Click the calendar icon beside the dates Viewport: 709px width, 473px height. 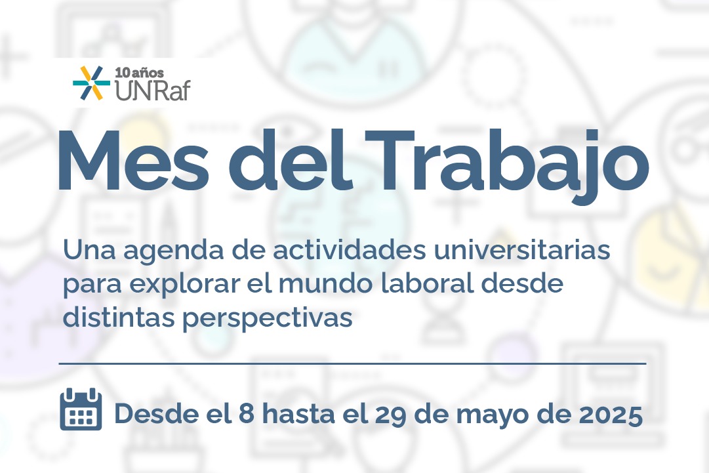tap(81, 409)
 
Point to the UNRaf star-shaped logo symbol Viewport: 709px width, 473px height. tap(91, 83)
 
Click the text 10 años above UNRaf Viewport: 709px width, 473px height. tap(139, 73)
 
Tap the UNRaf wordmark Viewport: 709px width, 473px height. tap(152, 90)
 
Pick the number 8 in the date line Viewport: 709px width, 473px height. tap(246, 414)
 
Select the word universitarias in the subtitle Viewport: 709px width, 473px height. tap(522, 251)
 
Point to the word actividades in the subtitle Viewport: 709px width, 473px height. tap(350, 251)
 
